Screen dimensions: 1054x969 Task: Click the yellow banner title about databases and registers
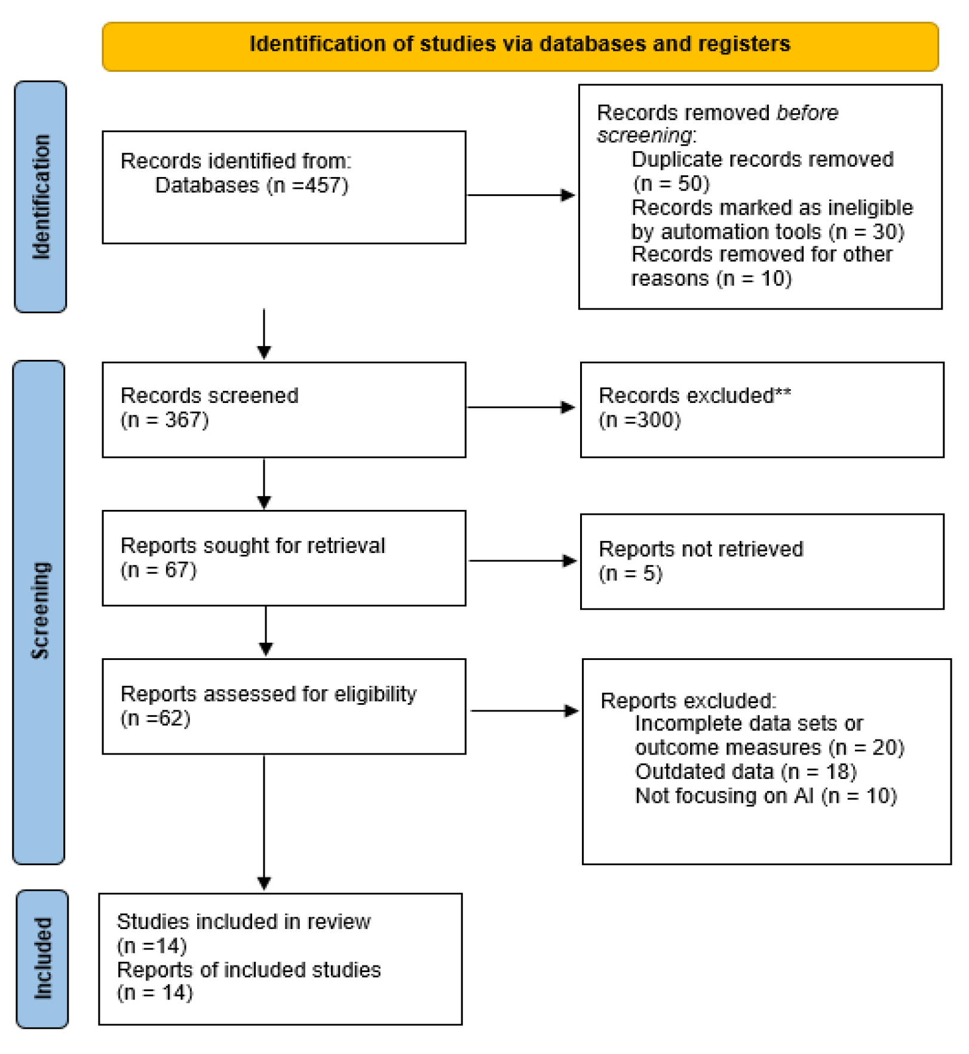point(519,44)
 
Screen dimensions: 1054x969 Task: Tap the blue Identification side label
point(41,197)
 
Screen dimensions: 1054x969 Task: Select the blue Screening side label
point(39,610)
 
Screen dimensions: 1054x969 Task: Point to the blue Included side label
point(42,958)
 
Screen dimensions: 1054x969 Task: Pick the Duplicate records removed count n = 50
point(671,184)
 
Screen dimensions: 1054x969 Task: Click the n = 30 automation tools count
point(867,231)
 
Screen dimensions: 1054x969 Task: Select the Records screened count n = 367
point(165,420)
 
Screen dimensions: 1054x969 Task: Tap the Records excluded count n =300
point(640,420)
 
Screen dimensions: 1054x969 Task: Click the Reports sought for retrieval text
point(253,546)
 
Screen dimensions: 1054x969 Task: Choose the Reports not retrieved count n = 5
point(630,573)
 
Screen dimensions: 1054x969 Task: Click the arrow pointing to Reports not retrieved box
point(522,561)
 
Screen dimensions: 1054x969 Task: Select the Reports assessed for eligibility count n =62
point(155,718)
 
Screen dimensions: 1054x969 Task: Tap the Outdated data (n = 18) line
point(745,772)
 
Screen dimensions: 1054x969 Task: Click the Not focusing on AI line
point(765,796)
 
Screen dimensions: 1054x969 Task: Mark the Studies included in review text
point(244,922)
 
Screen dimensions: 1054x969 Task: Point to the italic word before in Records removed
point(807,112)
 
